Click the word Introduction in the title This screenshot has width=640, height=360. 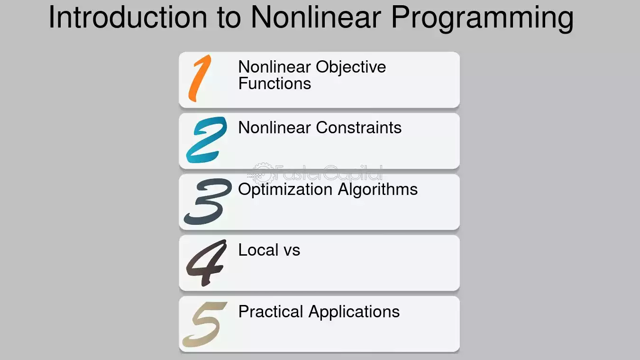click(128, 17)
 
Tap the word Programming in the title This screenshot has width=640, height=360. click(482, 19)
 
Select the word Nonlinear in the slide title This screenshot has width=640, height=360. click(316, 17)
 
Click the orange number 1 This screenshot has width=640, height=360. click(200, 78)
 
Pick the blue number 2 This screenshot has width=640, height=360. click(206, 139)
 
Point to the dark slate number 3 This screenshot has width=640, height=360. click(208, 201)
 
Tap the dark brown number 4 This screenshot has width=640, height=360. click(207, 263)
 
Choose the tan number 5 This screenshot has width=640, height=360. click(205, 324)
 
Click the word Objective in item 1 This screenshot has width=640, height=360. click(351, 68)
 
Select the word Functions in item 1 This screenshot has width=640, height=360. click(274, 83)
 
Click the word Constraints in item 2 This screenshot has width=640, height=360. click(358, 128)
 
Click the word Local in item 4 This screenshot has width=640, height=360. click(258, 250)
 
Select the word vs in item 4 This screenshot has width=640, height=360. click(292, 252)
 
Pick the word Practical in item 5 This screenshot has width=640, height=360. click(271, 312)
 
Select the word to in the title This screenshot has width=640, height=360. click(229, 19)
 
